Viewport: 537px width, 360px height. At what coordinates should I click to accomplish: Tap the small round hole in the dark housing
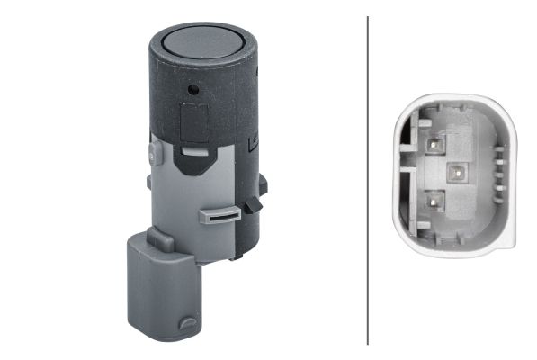pos(191,90)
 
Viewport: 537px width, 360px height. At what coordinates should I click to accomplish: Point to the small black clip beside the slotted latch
pos(253,206)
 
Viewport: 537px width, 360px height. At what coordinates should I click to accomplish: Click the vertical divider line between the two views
pos(368,180)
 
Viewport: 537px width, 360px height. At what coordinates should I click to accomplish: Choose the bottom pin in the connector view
pos(434,200)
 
